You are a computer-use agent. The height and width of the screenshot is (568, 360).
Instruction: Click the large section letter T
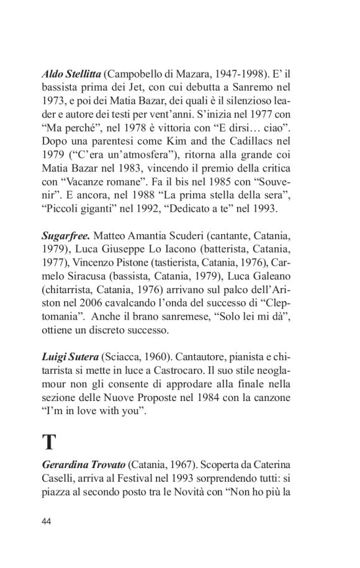49,442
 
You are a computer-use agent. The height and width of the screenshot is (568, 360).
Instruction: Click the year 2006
80,303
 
